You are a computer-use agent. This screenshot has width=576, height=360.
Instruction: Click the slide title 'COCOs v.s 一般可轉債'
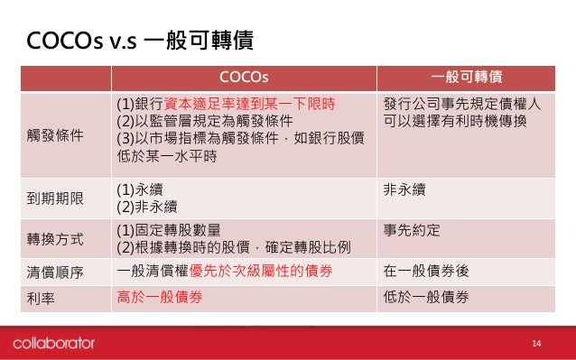139,42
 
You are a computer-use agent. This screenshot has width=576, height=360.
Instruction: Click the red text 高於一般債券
159,297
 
